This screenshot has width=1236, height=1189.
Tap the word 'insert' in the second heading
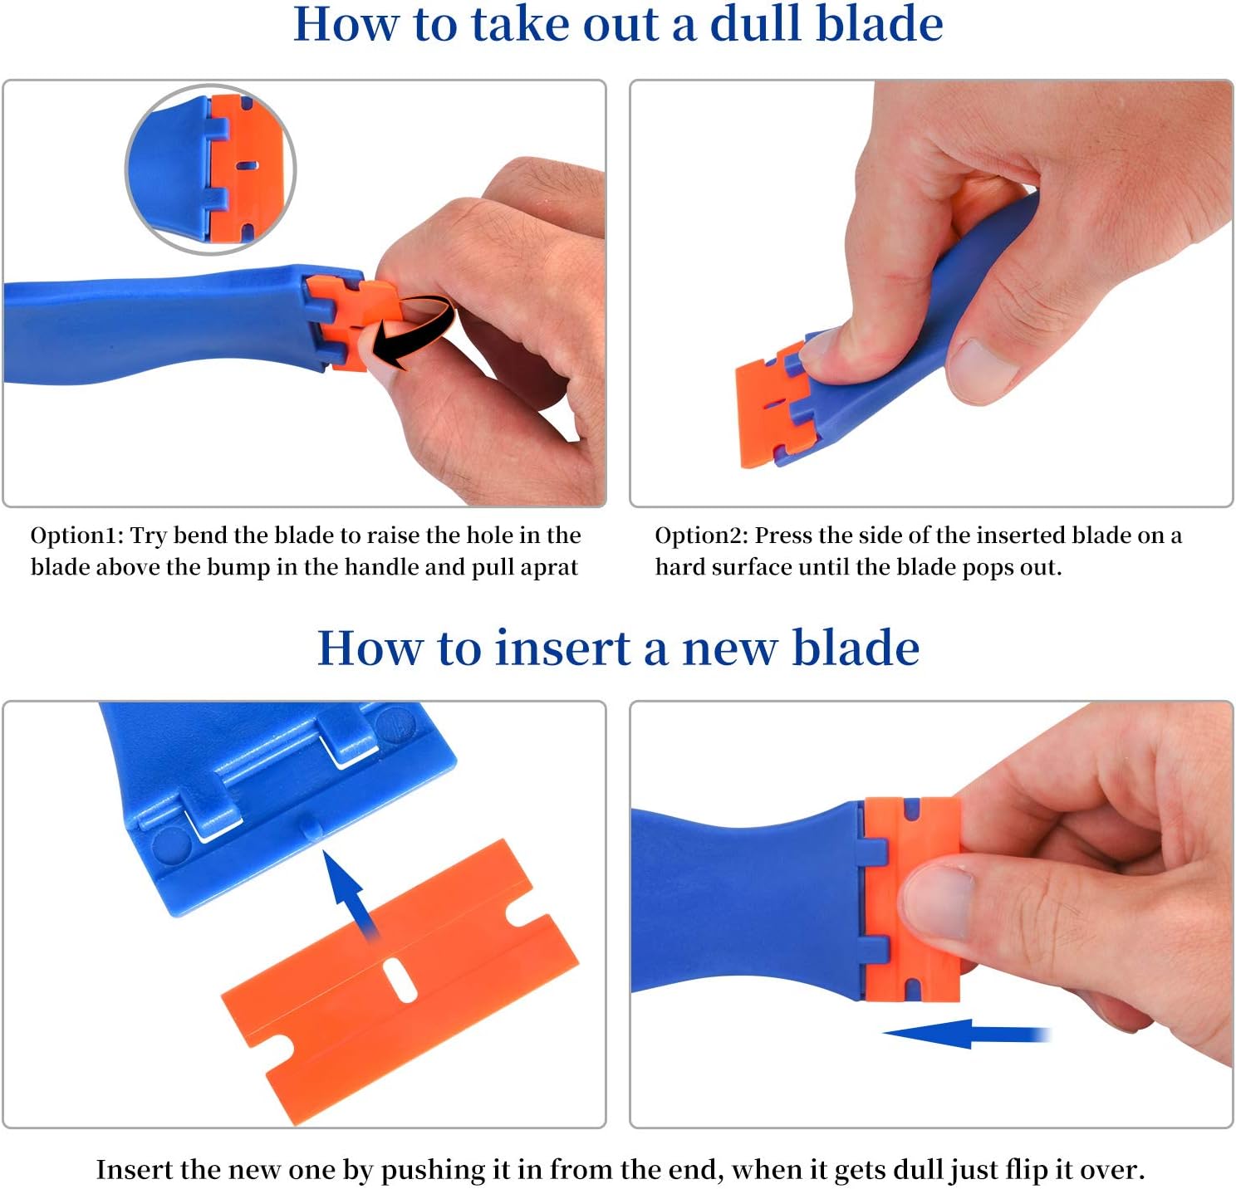pyautogui.click(x=562, y=648)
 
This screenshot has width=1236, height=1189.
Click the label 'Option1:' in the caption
pyautogui.click(x=76, y=536)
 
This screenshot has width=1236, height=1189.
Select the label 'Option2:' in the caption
pyautogui.click(x=701, y=536)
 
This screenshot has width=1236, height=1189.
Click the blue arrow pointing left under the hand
pyautogui.click(x=964, y=1034)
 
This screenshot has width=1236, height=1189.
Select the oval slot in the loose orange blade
pyautogui.click(x=400, y=980)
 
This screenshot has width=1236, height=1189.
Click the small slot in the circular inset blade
pyautogui.click(x=247, y=165)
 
